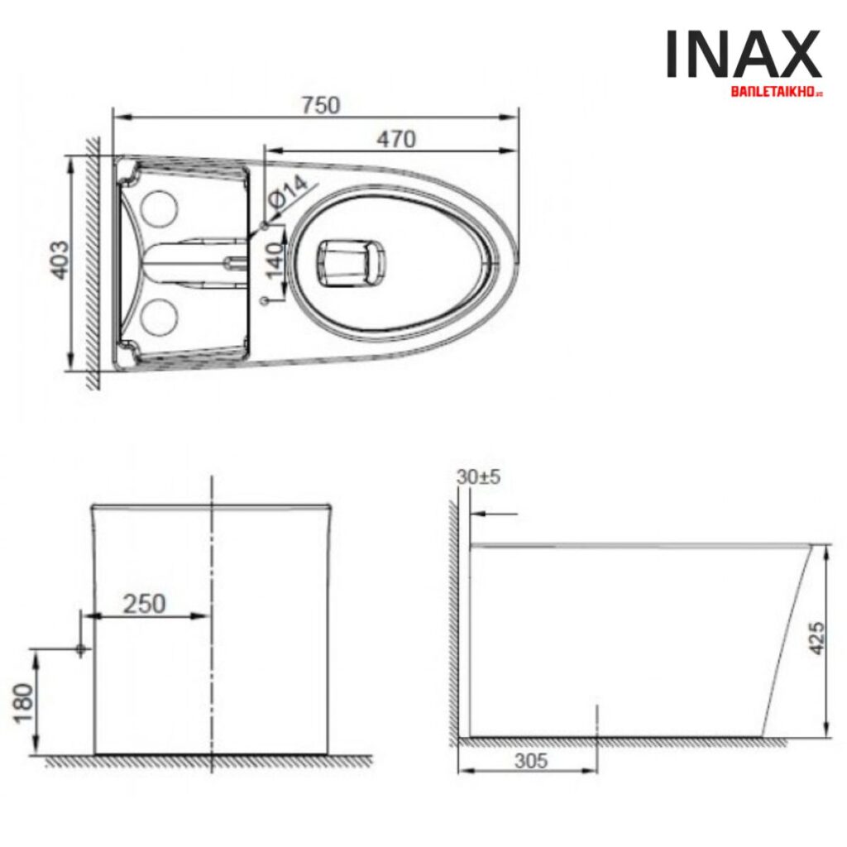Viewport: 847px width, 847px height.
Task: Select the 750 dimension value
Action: coord(320,105)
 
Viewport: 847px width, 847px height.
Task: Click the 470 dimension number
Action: coord(395,140)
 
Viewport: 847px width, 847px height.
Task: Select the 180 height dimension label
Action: coord(25,702)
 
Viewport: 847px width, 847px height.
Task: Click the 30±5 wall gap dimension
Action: coord(478,478)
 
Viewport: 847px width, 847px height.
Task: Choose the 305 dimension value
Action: coord(530,760)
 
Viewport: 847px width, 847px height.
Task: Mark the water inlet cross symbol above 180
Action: coord(81,649)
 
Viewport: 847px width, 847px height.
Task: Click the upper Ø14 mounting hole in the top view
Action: coord(265,224)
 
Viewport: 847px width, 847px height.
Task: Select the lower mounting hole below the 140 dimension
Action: coord(265,301)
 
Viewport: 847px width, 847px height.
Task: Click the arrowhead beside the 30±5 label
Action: coord(476,514)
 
